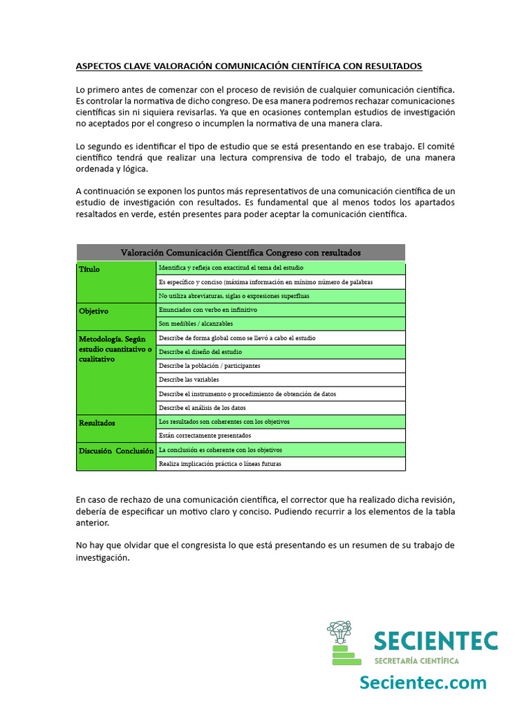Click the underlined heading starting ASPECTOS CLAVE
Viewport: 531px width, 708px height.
(x=249, y=66)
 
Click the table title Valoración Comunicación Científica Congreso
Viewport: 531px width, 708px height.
(x=241, y=252)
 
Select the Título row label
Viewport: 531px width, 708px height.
(x=89, y=269)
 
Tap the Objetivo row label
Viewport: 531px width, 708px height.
(x=94, y=311)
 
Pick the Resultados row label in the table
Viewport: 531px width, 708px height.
(x=97, y=422)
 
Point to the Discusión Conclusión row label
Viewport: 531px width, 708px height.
(x=116, y=450)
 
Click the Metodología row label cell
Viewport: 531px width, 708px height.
(x=116, y=349)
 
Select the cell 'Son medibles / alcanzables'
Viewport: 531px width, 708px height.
(x=196, y=324)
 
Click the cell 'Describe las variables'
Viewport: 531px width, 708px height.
(x=189, y=380)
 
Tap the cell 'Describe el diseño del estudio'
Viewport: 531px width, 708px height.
(x=201, y=352)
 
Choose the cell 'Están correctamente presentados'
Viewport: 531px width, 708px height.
(x=205, y=436)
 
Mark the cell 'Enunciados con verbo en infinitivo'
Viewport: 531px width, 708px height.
(x=208, y=310)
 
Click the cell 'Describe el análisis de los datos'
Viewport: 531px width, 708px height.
(x=202, y=408)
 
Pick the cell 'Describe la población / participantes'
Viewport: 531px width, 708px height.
(x=209, y=366)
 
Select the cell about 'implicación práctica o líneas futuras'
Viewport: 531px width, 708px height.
(x=220, y=464)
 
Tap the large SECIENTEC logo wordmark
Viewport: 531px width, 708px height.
(x=436, y=641)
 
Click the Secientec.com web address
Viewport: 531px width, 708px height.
(x=422, y=682)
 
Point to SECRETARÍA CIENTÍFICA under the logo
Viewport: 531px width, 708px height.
(x=416, y=661)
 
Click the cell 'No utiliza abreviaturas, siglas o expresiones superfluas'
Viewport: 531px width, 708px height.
(x=234, y=296)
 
